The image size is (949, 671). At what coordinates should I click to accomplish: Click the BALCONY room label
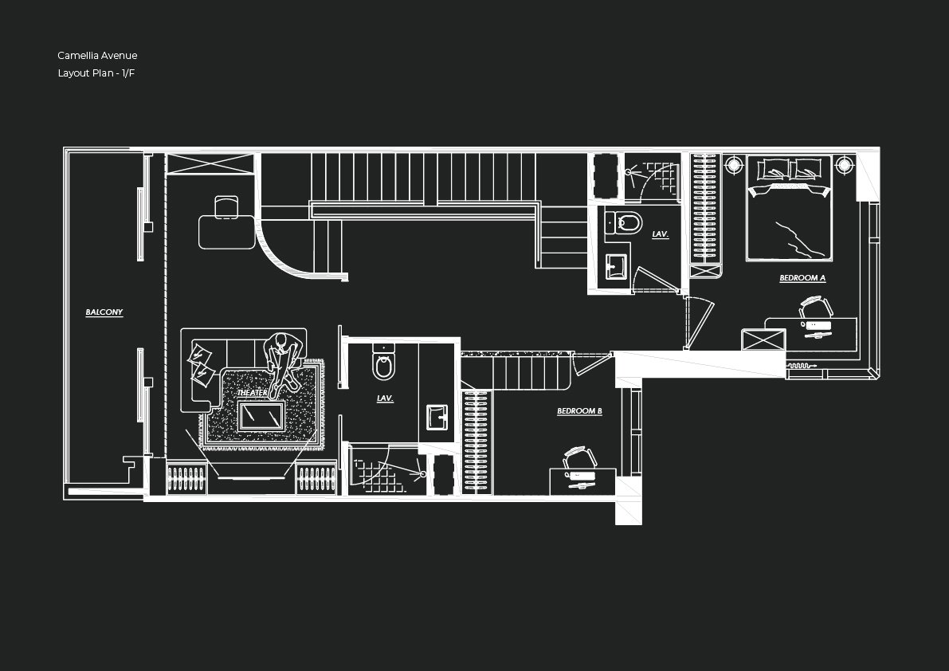coord(104,312)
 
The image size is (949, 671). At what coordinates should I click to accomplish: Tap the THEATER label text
coord(252,393)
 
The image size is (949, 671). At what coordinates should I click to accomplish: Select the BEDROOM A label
coord(802,278)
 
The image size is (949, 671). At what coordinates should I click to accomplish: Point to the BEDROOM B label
coord(579,411)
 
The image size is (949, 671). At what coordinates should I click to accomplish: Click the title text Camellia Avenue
coord(97,56)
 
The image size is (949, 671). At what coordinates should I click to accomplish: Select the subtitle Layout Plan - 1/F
coord(96,73)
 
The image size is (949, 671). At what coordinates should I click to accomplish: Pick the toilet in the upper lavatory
coord(627,223)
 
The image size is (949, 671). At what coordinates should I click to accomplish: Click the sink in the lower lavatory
coord(437,417)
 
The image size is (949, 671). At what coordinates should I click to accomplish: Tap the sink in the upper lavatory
coord(616,266)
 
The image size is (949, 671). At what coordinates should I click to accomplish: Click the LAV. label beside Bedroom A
coord(660,234)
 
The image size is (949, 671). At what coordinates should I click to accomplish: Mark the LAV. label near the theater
coord(385,398)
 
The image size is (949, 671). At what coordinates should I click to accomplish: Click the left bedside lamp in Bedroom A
coord(734,166)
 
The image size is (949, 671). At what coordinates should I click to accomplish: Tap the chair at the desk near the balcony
coord(226,206)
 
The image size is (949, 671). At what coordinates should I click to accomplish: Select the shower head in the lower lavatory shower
coord(422,474)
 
